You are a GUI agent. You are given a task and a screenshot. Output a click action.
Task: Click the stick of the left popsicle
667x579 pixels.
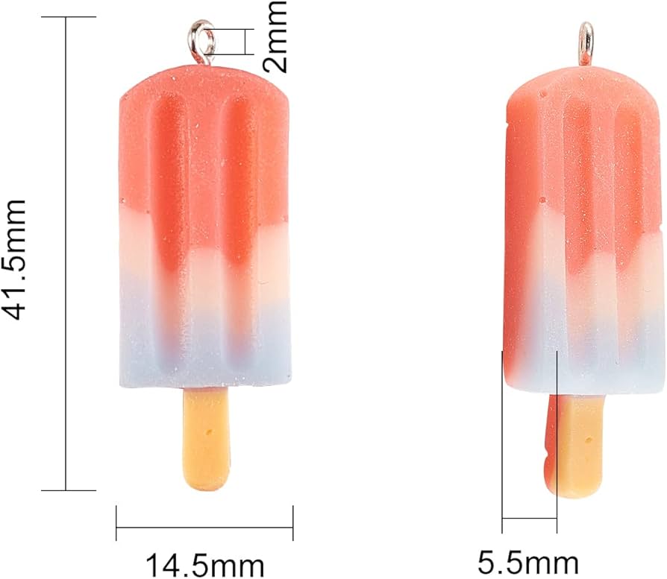point(204,440)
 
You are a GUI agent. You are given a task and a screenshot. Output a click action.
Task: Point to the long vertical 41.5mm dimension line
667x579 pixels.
point(66,253)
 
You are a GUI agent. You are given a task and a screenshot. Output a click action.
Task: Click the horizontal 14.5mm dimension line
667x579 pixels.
point(204,528)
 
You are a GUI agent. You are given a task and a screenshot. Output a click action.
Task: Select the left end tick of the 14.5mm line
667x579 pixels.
point(117,522)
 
